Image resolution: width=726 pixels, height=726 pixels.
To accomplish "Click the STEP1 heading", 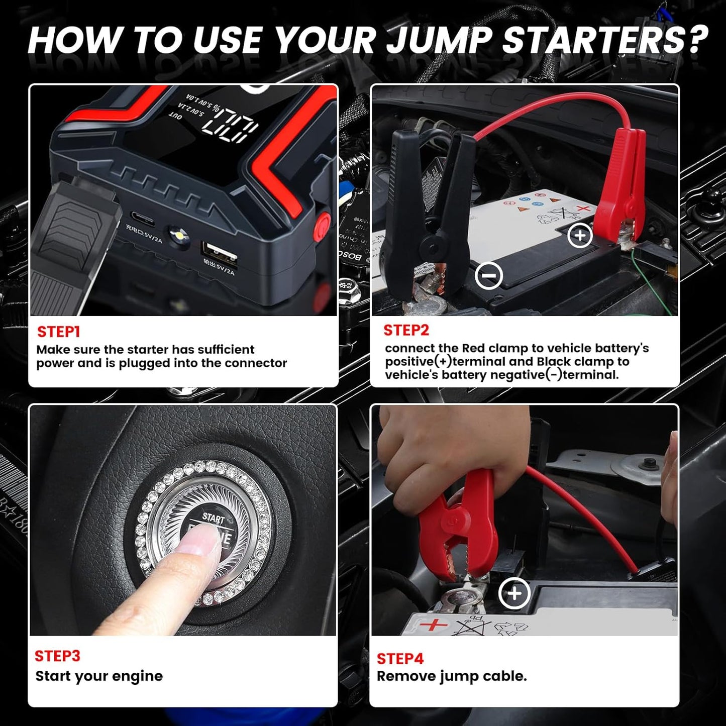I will click(58, 332).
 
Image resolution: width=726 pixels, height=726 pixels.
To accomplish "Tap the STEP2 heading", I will click(406, 330).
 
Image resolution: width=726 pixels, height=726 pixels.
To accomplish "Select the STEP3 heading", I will click(57, 656).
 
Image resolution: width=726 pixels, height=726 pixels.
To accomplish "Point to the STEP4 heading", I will click(400, 658).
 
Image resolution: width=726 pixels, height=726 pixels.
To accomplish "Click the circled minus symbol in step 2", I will click(489, 275).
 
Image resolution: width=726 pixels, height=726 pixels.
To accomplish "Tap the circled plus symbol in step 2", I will click(580, 235).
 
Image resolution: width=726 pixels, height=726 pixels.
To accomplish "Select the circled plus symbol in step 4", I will click(514, 593).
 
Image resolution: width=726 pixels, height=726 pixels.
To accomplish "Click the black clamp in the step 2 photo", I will click(427, 211).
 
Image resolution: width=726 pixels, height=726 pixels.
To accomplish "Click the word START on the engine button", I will click(214, 517).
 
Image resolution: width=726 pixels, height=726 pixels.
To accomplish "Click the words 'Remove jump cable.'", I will click(451, 676).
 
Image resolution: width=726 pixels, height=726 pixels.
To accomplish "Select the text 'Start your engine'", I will click(99, 676).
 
